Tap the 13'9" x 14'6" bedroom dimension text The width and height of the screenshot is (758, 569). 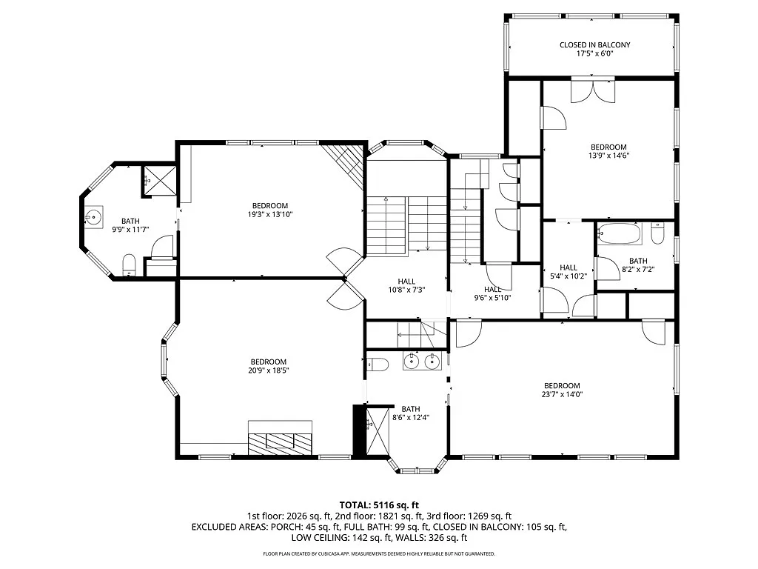608,156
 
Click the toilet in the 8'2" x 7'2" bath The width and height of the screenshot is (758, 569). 657,233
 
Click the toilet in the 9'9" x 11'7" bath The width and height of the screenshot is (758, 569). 129,264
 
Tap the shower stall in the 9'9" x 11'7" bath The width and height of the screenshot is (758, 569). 159,181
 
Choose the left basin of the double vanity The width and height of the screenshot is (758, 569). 412,361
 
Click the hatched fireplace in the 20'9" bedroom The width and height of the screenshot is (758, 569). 281,438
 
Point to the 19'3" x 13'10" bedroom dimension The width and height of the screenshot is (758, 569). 270,214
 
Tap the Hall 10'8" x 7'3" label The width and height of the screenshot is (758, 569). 406,285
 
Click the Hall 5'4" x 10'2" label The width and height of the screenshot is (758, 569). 568,272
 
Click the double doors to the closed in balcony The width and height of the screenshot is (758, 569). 593,90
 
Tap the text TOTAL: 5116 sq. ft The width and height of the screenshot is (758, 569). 379,505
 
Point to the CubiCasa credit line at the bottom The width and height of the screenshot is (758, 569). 379,553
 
